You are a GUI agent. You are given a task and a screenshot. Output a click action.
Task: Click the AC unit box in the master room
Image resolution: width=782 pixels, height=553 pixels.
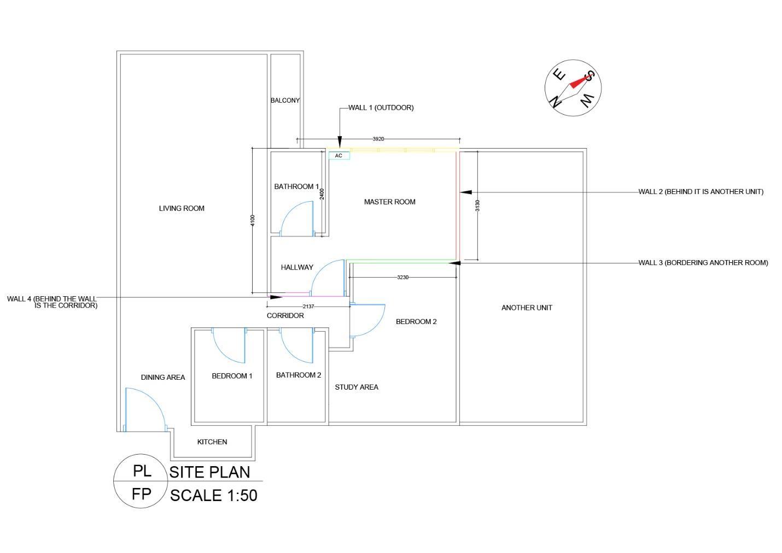339,156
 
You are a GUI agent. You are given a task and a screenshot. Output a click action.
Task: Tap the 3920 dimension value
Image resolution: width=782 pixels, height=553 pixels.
378,139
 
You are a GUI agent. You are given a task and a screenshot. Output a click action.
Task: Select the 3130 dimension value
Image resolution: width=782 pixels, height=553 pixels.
477,205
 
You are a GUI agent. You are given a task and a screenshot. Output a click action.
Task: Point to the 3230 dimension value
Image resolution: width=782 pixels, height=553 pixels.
402,278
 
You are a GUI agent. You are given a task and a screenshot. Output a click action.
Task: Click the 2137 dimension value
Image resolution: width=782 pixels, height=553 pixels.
308,307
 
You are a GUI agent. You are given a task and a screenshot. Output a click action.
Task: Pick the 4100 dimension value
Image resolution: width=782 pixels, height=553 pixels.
252,220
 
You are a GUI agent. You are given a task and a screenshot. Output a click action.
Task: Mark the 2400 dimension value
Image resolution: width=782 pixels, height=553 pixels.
322,193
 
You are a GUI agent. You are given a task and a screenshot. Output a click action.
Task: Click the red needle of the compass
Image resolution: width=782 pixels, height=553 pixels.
579,81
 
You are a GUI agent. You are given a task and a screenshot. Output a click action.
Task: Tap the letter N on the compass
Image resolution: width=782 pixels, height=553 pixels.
556,102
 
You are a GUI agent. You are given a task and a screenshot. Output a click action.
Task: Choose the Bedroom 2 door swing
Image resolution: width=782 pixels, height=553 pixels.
367,320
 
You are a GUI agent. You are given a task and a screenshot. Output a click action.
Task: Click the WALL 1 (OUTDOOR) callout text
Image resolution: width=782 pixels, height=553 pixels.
381,108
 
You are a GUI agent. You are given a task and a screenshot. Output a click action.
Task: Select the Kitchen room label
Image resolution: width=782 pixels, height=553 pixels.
212,442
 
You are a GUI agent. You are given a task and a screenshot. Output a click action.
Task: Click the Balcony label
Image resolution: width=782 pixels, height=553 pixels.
285,101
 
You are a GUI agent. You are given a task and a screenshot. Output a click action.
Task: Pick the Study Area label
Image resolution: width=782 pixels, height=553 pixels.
357,387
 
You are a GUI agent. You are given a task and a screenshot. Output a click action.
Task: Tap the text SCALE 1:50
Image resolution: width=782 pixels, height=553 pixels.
213,495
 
